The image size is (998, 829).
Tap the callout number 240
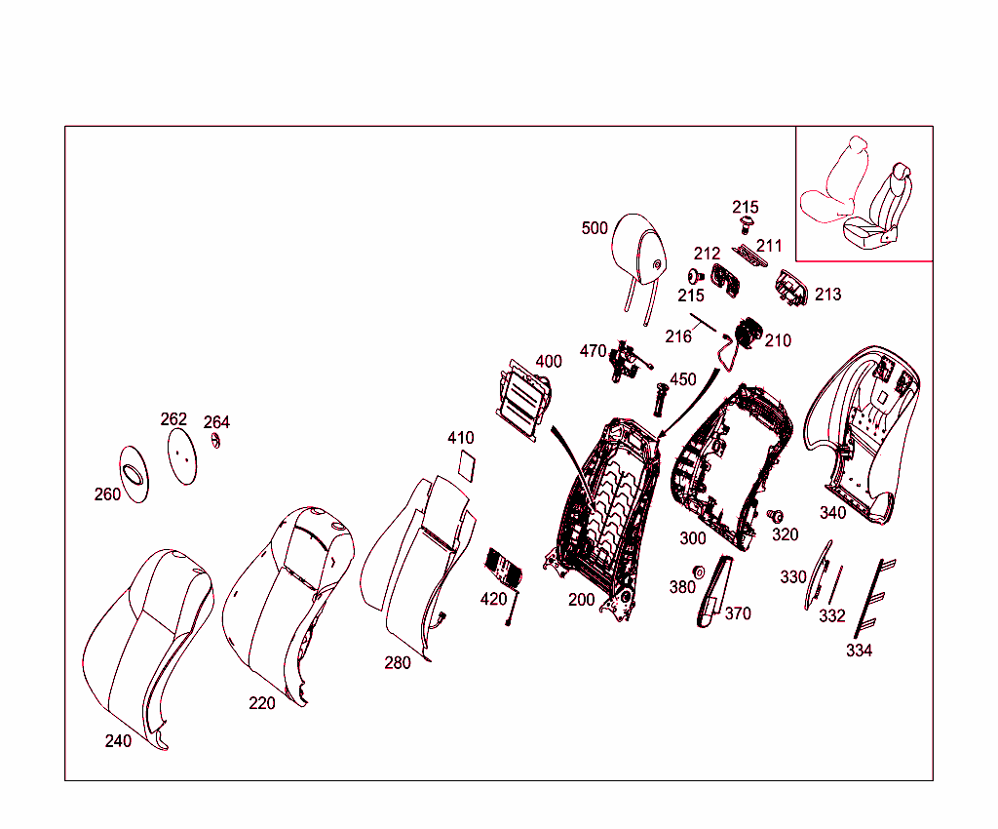pyautogui.click(x=118, y=741)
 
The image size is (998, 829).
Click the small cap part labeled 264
pyautogui.click(x=217, y=442)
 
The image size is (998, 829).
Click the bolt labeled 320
pyautogui.click(x=778, y=515)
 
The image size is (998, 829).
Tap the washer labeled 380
pyautogui.click(x=699, y=572)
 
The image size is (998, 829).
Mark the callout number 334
pyautogui.click(x=859, y=651)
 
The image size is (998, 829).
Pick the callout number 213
pyautogui.click(x=827, y=295)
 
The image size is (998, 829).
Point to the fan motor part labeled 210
pyautogui.click(x=748, y=332)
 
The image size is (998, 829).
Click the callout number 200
pyautogui.click(x=581, y=600)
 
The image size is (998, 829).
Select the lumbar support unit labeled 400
pyautogui.click(x=523, y=400)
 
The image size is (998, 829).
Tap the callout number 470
pyautogui.click(x=593, y=351)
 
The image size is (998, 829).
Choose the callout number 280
pyautogui.click(x=398, y=663)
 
